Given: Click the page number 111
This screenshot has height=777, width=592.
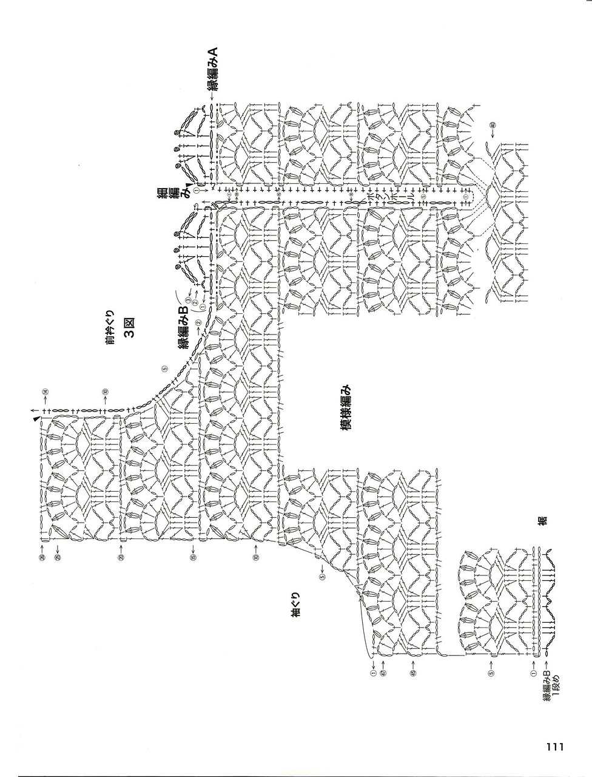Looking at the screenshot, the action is tap(554, 746).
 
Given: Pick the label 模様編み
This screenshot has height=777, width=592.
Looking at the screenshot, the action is tap(346, 408).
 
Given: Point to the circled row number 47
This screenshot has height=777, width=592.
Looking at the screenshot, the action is tap(383, 672).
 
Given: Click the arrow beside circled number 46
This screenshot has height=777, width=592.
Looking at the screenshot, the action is tap(492, 134).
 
